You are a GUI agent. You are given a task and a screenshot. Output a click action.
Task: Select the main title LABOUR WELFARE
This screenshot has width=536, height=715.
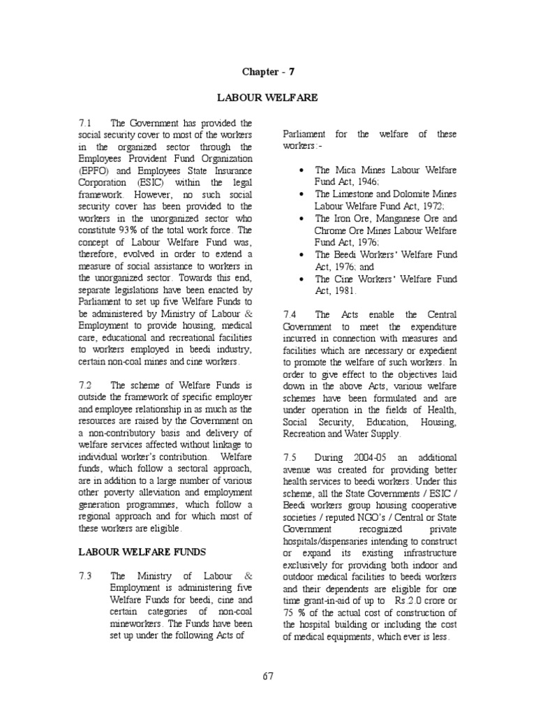point(268,98)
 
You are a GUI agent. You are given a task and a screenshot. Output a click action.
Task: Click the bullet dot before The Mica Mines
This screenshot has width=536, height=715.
point(300,170)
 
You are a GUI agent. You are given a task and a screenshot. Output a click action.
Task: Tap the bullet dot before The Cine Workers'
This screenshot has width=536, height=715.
point(300,279)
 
